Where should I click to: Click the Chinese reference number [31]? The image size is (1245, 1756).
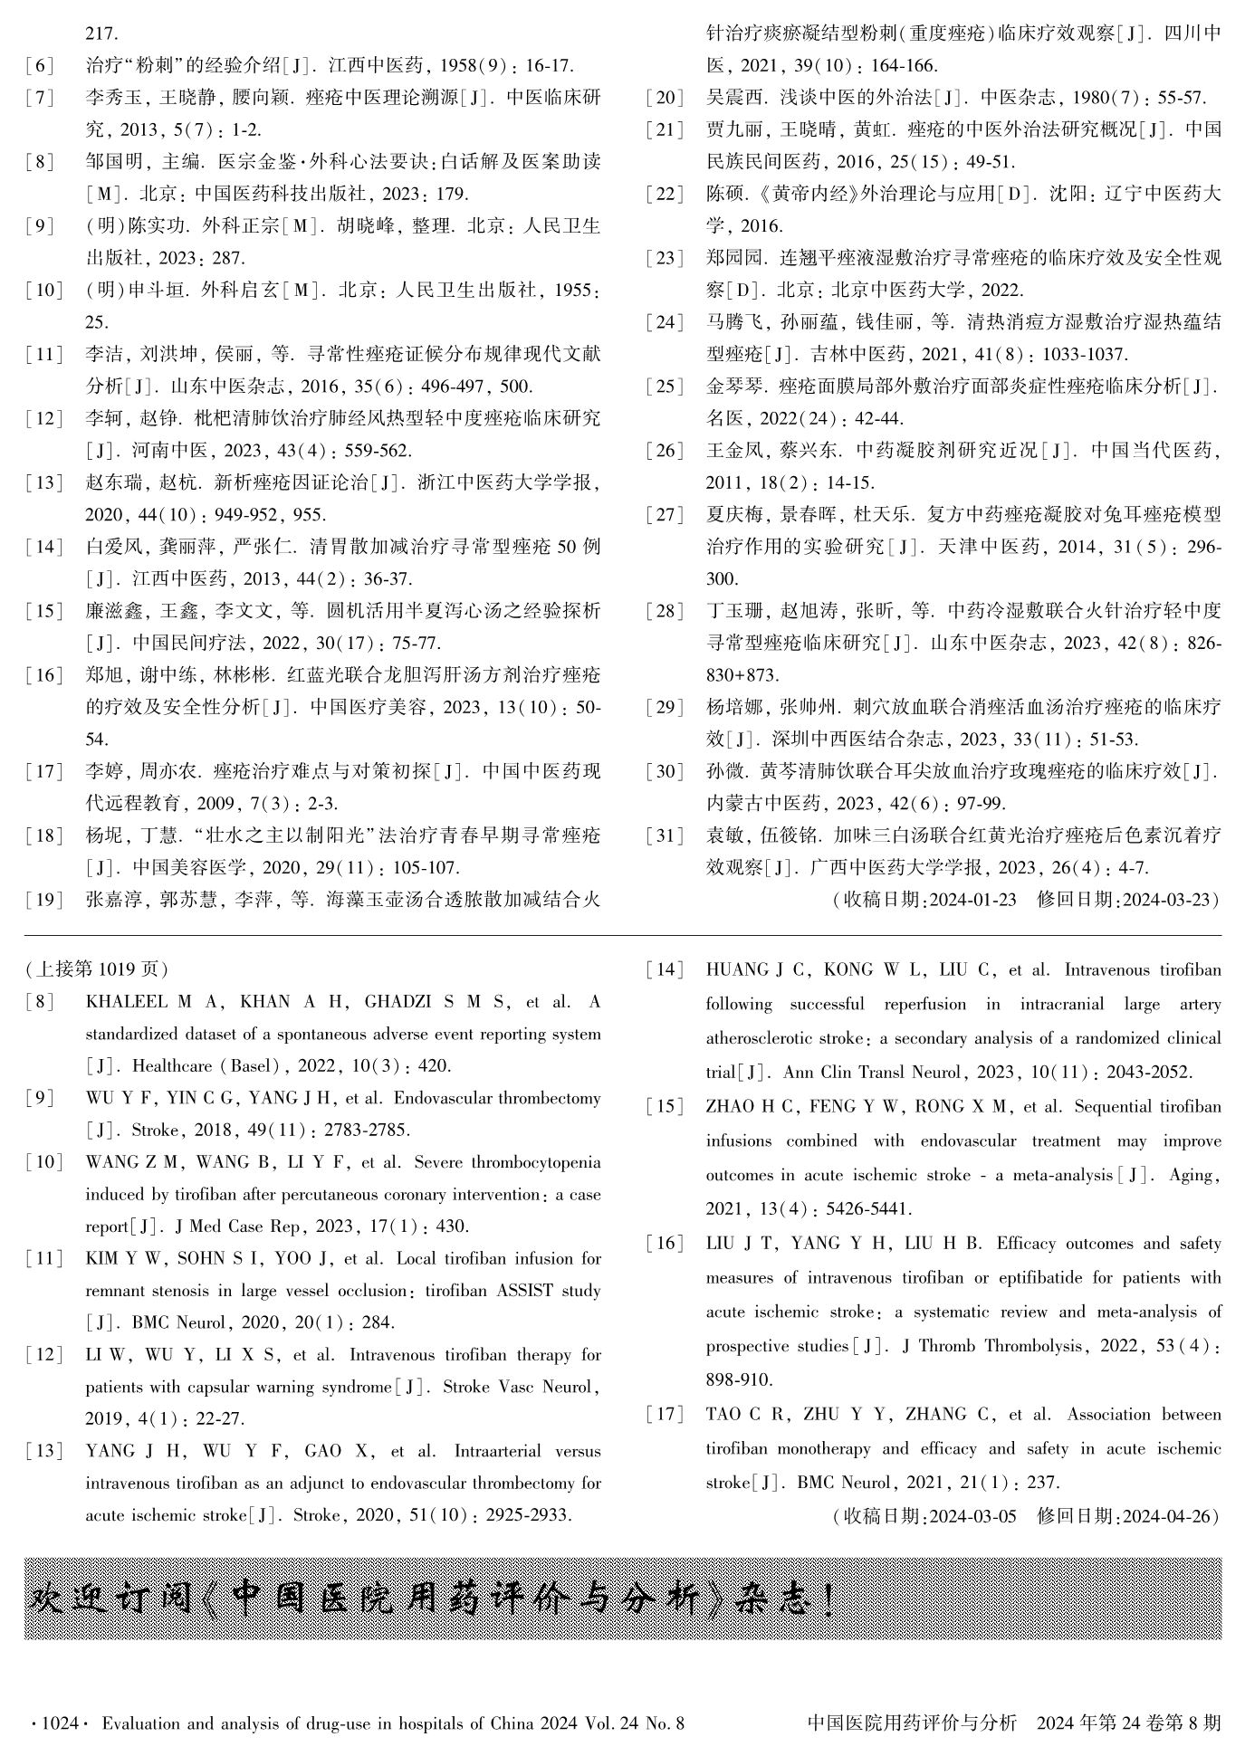[x=665, y=835]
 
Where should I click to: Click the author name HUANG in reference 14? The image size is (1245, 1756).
[x=735, y=970]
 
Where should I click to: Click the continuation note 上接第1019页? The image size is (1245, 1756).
[x=97, y=969]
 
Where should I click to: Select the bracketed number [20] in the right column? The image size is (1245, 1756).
[x=665, y=98]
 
